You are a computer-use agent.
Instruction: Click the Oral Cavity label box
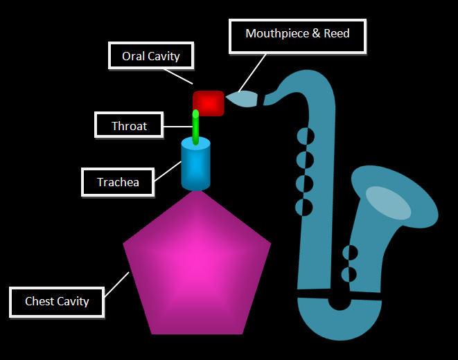150,56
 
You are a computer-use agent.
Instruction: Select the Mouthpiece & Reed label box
297,33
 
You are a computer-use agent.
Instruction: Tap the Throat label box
130,127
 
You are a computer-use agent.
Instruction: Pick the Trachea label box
118,183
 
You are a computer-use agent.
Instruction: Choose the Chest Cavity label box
57,301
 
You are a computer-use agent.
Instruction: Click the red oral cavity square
209,103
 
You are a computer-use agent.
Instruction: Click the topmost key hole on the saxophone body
304,136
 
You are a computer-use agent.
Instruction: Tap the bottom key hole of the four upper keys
303,206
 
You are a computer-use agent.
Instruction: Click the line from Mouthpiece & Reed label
253,72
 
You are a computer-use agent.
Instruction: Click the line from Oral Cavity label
183,77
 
